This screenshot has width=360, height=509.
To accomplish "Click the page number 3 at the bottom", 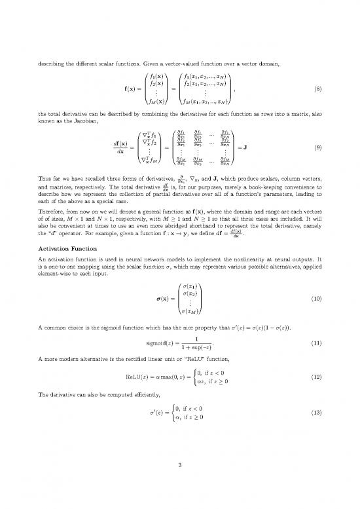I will [x=180, y=466].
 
